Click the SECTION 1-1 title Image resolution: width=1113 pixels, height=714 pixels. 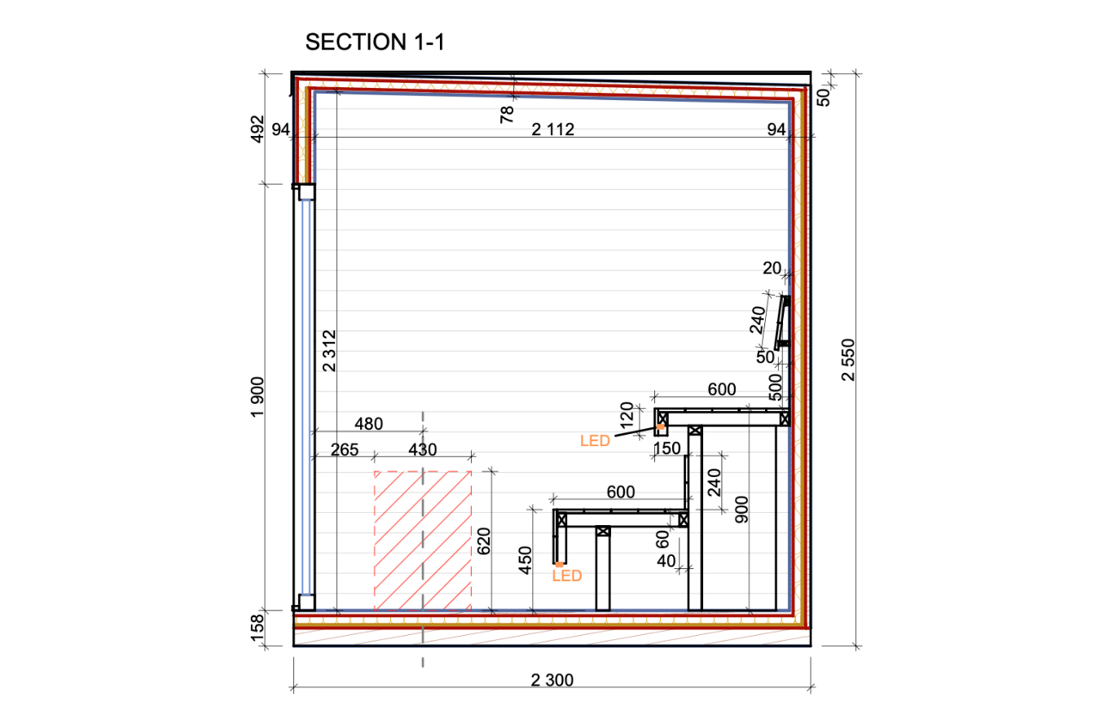pos(375,42)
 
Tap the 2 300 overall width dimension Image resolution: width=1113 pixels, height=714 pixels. pos(552,680)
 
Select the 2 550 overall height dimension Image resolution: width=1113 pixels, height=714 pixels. pos(848,360)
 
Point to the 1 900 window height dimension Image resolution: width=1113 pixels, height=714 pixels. pos(257,397)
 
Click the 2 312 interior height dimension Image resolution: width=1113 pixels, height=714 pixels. pos(329,351)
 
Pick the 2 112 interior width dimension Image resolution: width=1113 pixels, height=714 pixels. pos(552,129)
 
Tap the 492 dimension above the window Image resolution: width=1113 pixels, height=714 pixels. pos(257,129)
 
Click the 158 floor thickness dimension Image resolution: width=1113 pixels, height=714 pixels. pos(257,628)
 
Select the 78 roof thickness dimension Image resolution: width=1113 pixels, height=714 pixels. pos(506,115)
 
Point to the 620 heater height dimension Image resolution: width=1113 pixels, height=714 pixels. pos(483,541)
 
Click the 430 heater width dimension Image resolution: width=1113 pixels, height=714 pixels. pos(422,450)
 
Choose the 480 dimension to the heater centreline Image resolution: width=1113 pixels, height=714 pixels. pos(368,424)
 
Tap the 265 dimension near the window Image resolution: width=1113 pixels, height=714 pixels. pos(345,450)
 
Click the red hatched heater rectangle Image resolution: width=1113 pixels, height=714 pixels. pos(423,541)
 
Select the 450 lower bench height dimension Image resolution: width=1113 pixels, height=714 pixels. pos(525,561)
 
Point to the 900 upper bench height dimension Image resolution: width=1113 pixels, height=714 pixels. pos(741,510)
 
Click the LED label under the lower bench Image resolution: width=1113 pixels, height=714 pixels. pos(567,576)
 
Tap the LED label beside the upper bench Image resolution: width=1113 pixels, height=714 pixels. pos(595,441)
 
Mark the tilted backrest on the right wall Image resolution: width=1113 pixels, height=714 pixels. pos(782,322)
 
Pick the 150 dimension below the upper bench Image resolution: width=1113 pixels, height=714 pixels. pos(666,449)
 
